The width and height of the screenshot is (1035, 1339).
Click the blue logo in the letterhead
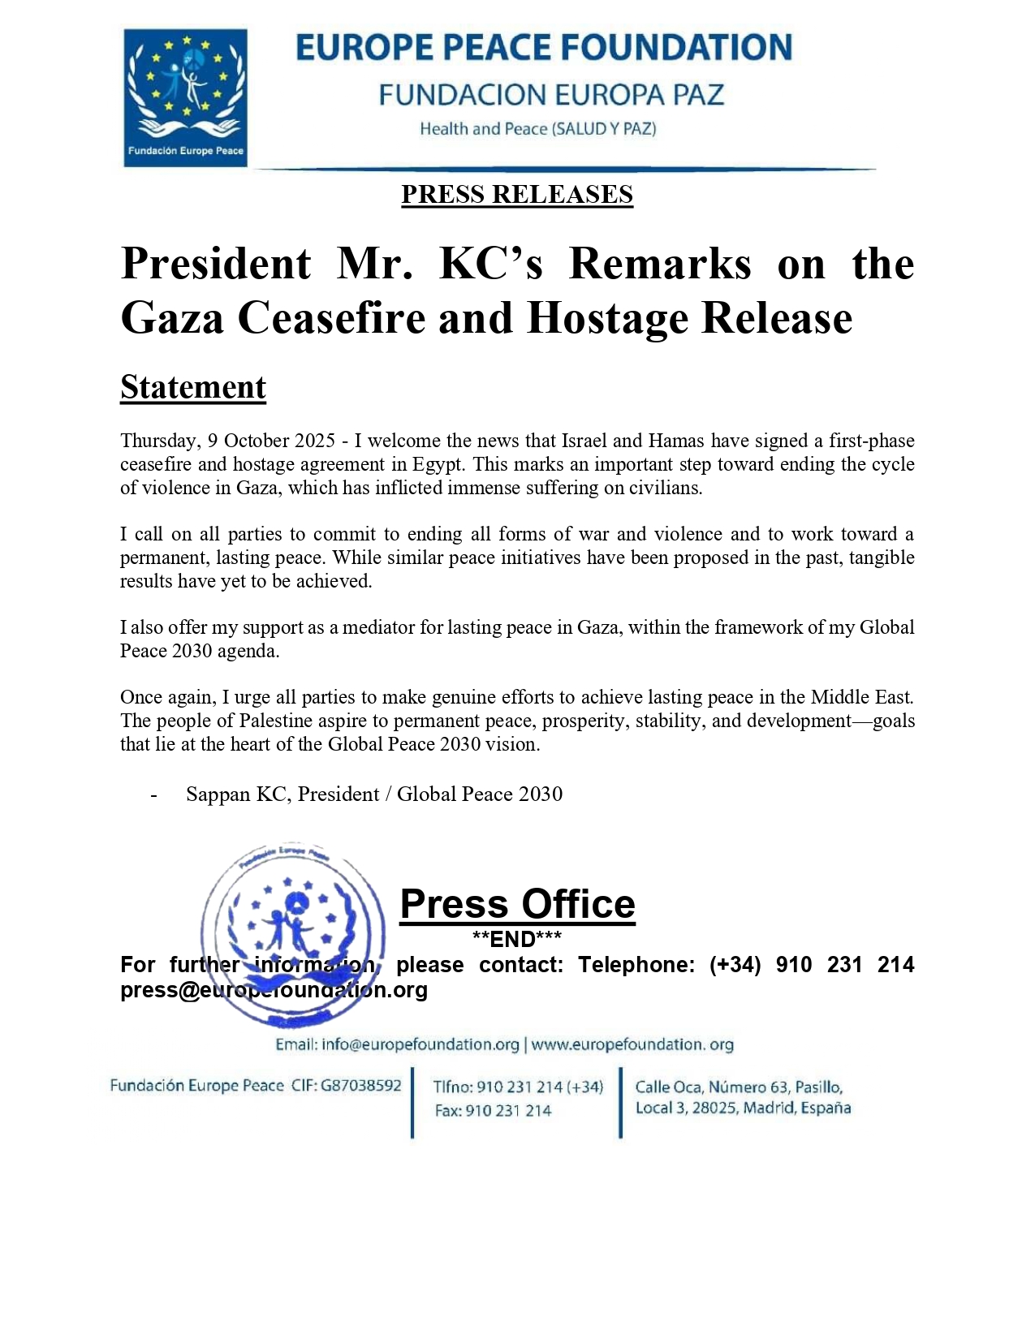pyautogui.click(x=185, y=97)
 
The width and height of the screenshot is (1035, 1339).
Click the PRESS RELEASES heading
pyautogui.click(x=517, y=195)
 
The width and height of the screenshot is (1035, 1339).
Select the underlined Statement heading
pyautogui.click(x=193, y=387)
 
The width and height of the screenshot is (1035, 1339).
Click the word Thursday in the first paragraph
pyautogui.click(x=158, y=441)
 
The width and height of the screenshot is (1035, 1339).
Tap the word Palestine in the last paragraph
pyautogui.click(x=277, y=721)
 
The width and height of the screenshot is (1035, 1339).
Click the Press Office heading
pyautogui.click(x=517, y=904)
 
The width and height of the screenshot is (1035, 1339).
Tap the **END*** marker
pyautogui.click(x=517, y=939)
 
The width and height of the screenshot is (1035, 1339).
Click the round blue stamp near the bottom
pyautogui.click(x=293, y=935)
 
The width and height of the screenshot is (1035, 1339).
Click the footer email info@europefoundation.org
pyautogui.click(x=420, y=1044)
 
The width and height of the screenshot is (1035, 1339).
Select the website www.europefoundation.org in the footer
pyautogui.click(x=632, y=1044)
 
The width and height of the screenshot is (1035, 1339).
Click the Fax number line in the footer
pyautogui.click(x=493, y=1110)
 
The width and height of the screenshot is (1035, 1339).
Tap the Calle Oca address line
pyautogui.click(x=739, y=1087)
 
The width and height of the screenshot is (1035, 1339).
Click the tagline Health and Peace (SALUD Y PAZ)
pyautogui.click(x=537, y=128)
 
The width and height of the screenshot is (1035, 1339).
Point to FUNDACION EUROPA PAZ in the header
pyautogui.click(x=551, y=95)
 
